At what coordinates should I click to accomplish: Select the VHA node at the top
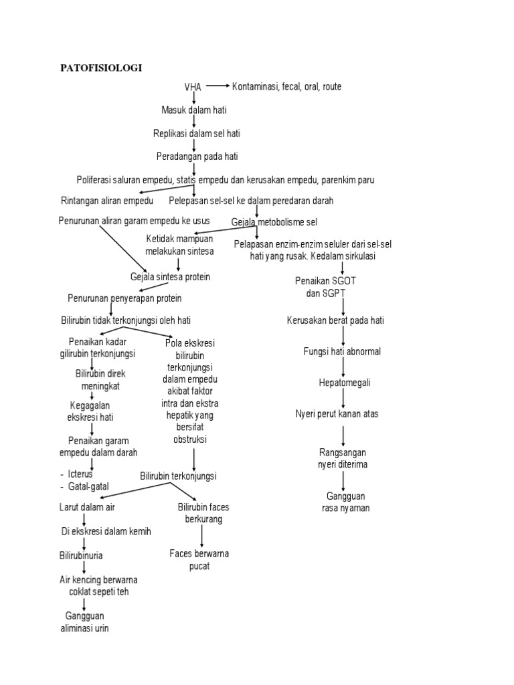pyautogui.click(x=193, y=87)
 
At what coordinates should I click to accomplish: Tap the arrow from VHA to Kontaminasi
pyautogui.click(x=218, y=86)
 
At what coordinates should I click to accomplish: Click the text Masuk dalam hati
pyautogui.click(x=194, y=110)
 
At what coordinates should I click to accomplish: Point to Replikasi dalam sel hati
pyautogui.click(x=196, y=133)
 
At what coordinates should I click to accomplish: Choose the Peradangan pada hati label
pyautogui.click(x=197, y=157)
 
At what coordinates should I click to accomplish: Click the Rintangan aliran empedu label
pyautogui.click(x=107, y=201)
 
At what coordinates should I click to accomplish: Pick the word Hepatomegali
pyautogui.click(x=344, y=383)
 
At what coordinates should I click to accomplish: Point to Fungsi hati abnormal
pyautogui.click(x=342, y=351)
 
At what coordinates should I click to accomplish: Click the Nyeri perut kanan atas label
pyautogui.click(x=337, y=414)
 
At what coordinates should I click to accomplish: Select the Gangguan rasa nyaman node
pyautogui.click(x=345, y=502)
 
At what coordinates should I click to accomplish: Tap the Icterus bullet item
pyautogui.click(x=81, y=474)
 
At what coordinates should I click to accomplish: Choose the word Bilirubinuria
pyautogui.click(x=81, y=555)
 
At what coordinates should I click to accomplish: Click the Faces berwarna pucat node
pyautogui.click(x=199, y=560)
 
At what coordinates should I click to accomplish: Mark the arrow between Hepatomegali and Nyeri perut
pyautogui.click(x=343, y=399)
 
